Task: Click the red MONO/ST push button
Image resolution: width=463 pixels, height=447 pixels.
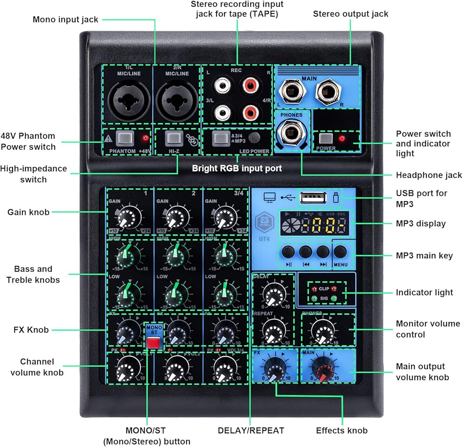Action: pyautogui.click(x=152, y=343)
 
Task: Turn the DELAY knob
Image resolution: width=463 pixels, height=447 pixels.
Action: pyautogui.click(x=273, y=292)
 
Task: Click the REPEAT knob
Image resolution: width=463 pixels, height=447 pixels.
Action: pyautogui.click(x=273, y=330)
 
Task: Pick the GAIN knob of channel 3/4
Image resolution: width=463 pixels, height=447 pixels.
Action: pyautogui.click(x=226, y=215)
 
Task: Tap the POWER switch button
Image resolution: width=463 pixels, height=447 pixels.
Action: pyautogui.click(x=326, y=138)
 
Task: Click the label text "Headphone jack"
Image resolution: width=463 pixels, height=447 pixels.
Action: pyautogui.click(x=429, y=175)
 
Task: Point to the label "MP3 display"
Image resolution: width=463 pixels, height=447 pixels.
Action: pyautogui.click(x=420, y=224)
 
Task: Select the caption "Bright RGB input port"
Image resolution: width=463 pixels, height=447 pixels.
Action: pyautogui.click(x=237, y=168)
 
